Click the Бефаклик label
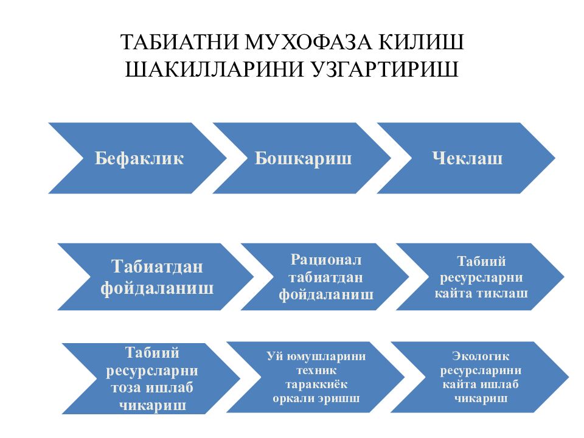(139, 159)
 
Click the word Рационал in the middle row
(326, 260)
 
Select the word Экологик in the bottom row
(481, 356)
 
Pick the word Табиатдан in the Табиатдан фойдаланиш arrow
(157, 267)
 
